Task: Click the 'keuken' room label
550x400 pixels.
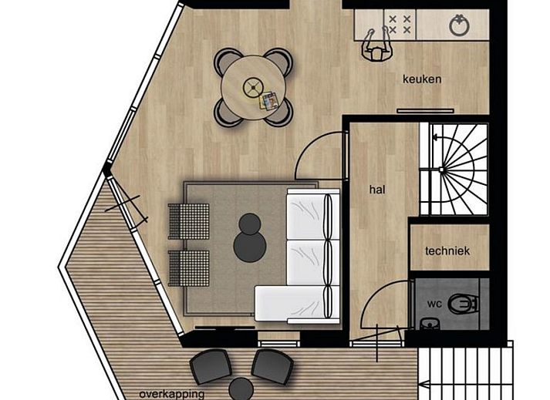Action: point(422,79)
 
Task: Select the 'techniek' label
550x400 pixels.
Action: point(447,250)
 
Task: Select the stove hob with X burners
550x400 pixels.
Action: point(399,24)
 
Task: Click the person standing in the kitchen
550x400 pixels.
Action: point(376,46)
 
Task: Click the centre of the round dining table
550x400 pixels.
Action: point(252,86)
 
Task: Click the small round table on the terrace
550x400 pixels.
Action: point(241,389)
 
